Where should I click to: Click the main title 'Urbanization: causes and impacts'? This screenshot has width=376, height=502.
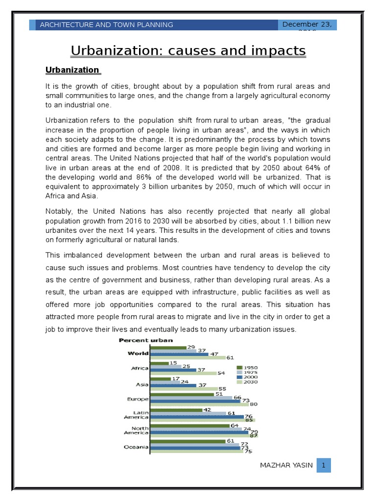(188, 50)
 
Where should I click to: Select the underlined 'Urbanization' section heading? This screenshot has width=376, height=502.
(72, 70)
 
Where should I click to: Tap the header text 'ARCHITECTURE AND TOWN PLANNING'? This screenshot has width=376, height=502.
(106, 25)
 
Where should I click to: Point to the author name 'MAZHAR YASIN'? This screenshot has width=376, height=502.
(287, 465)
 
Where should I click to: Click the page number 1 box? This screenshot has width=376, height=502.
(324, 465)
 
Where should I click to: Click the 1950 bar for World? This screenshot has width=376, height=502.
(168, 348)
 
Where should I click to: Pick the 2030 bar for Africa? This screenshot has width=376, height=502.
(184, 374)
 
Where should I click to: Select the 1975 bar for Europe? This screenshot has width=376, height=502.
(191, 398)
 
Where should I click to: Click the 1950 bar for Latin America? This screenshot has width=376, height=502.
(176, 410)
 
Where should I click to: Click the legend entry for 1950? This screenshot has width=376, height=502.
(247, 368)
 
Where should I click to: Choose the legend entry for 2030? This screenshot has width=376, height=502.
(247, 382)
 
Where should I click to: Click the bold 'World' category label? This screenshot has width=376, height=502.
(138, 353)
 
